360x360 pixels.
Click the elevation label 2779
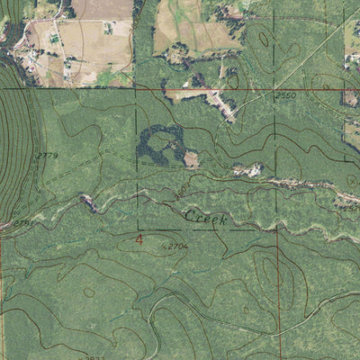47,157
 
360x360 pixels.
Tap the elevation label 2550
285,95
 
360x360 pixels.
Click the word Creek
205,218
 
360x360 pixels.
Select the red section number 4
139,239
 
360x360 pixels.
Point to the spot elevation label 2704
176,244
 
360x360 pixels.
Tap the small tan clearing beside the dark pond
191,160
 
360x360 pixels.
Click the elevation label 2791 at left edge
22,220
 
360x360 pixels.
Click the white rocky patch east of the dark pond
248,169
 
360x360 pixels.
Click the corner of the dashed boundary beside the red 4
138,229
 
